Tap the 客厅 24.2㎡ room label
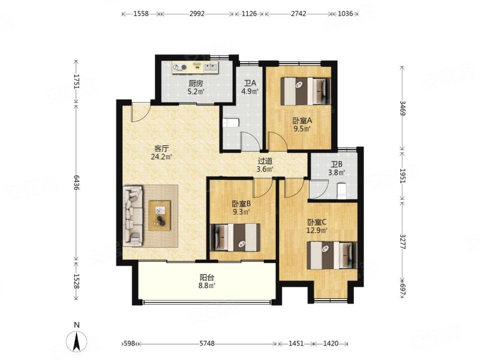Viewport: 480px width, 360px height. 161,153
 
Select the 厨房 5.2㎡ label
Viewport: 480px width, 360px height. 196,87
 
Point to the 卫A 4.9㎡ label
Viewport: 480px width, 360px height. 250,87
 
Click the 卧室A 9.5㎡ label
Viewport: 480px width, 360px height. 302,124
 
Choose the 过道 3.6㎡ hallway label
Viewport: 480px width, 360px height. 265,164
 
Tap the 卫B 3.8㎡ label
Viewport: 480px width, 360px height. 337,169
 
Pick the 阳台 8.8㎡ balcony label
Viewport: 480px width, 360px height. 206,281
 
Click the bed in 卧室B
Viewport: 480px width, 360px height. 235,238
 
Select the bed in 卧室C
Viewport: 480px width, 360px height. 332,256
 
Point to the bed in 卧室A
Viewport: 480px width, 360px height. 306,91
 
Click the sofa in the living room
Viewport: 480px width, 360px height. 133,216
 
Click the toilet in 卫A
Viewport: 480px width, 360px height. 230,123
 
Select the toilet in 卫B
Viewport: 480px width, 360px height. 341,191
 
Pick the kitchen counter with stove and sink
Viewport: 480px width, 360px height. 195,67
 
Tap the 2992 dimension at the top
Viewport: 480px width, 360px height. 197,14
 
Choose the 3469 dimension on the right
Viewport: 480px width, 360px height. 403,109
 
